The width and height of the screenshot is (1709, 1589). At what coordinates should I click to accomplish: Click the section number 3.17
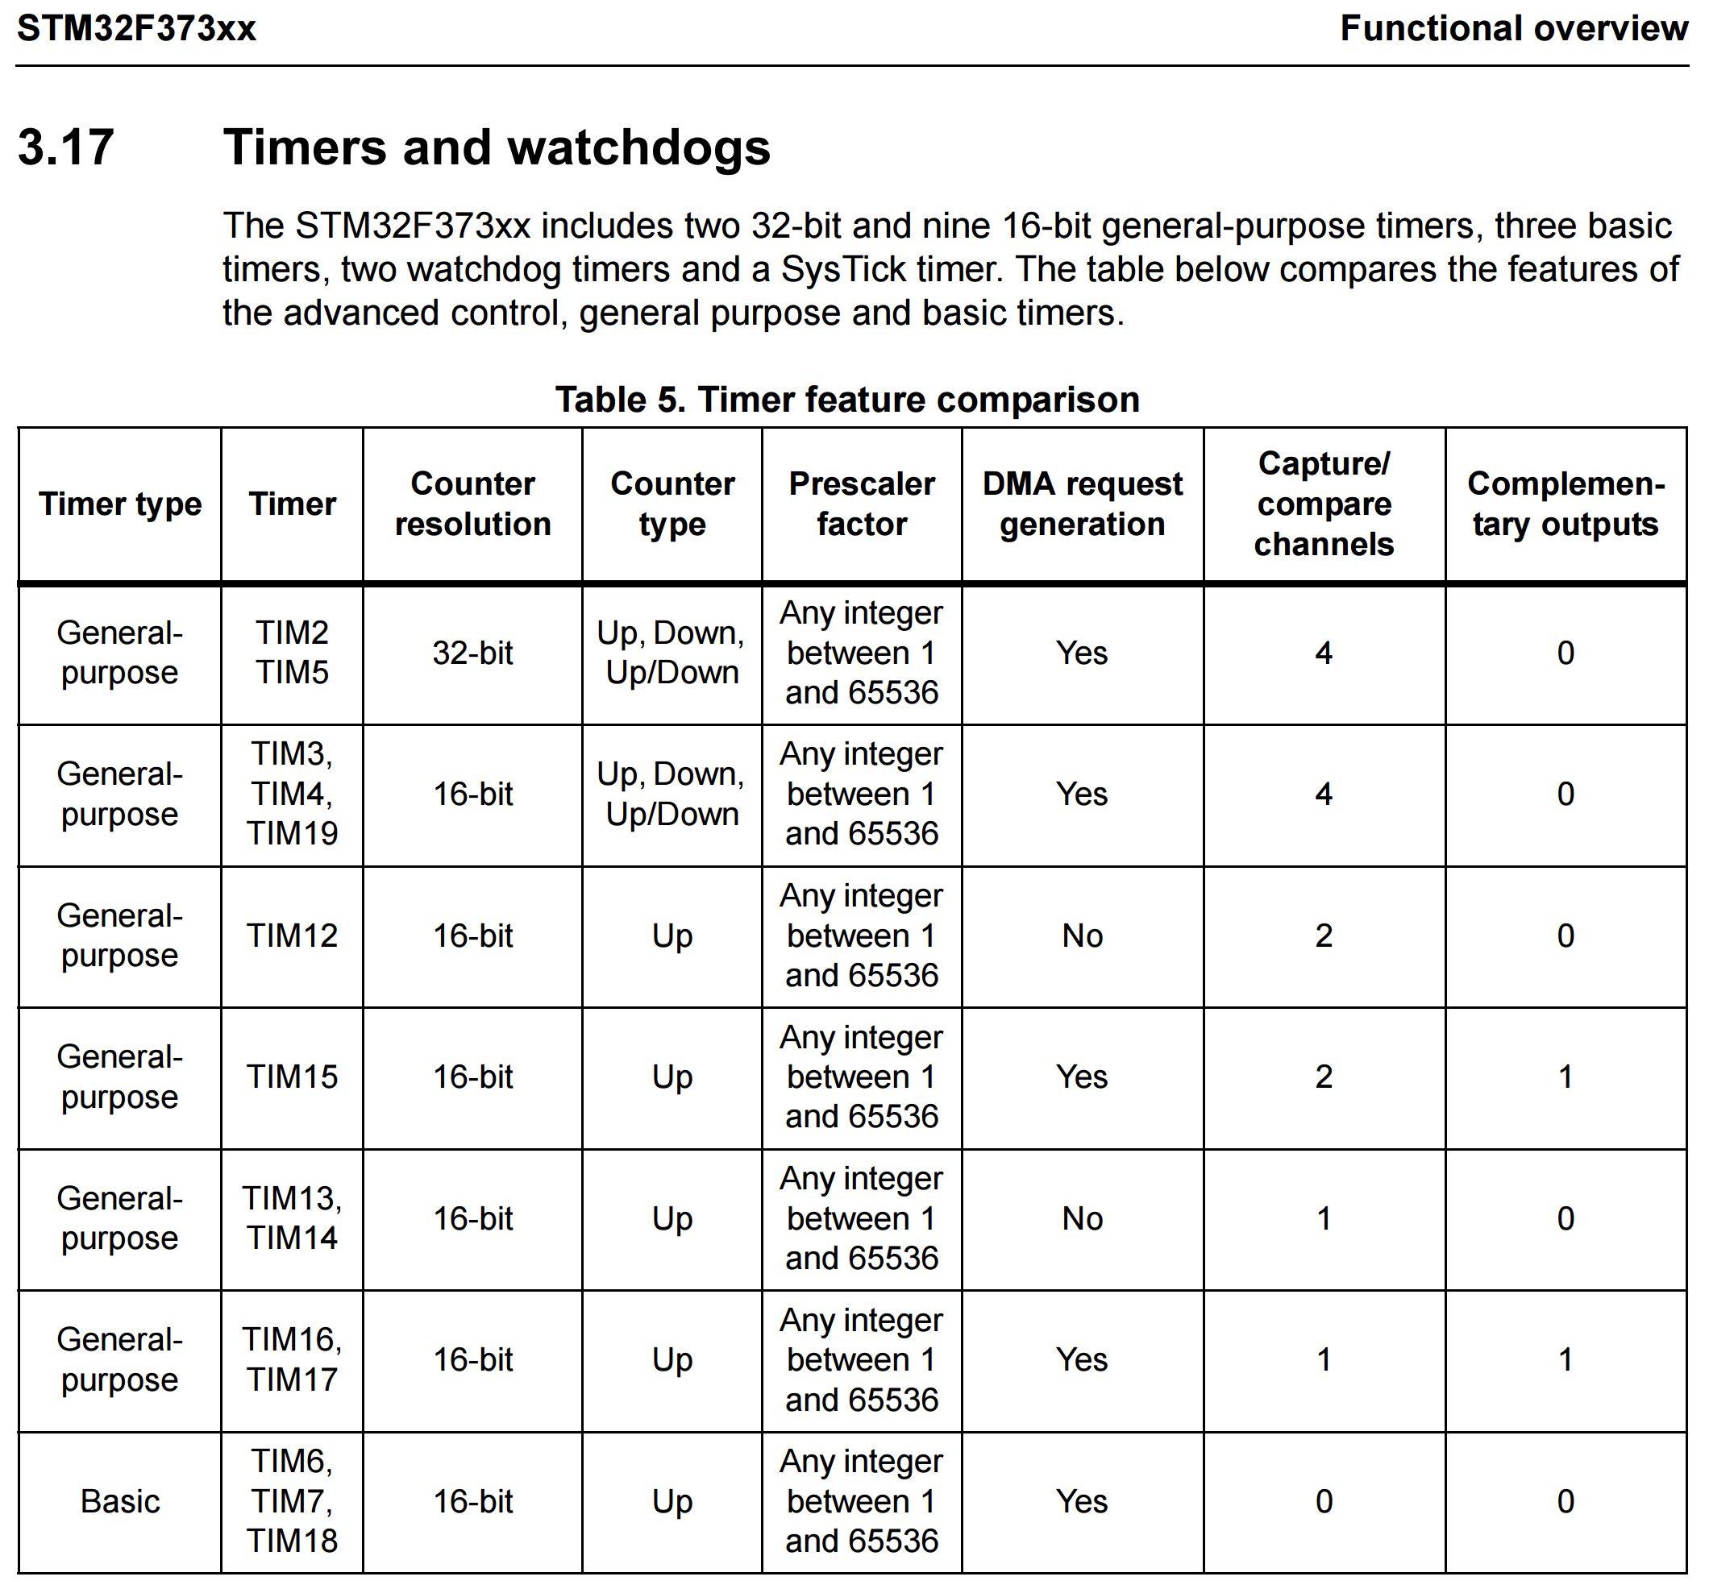point(65,147)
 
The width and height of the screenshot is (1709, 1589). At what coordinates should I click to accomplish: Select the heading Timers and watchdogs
point(496,147)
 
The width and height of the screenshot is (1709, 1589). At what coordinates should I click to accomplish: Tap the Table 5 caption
point(846,400)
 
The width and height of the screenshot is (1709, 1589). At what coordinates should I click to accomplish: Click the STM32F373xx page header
point(137,28)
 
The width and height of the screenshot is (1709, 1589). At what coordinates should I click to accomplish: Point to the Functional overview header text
point(1513,28)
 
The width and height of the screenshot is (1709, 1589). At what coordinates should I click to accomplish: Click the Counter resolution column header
point(473,504)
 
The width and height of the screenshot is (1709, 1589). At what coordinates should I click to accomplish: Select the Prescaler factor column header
point(862,504)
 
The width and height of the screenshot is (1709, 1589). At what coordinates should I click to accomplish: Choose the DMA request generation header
point(1083,504)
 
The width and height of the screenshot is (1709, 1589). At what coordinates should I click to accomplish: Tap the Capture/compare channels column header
point(1324,504)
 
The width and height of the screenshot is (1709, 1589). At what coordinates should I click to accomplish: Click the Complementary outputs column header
point(1566,504)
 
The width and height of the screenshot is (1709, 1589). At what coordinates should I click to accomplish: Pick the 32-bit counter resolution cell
point(473,653)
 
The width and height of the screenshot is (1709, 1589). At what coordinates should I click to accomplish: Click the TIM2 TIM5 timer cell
point(293,653)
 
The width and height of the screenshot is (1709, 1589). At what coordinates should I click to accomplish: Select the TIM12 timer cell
point(293,936)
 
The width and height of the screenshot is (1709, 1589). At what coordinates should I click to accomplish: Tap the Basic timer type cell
point(120,1501)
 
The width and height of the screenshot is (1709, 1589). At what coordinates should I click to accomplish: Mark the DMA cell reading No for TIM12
point(1083,936)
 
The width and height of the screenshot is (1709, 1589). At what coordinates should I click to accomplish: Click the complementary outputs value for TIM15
point(1566,1077)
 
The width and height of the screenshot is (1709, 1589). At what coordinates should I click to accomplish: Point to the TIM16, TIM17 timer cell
point(293,1359)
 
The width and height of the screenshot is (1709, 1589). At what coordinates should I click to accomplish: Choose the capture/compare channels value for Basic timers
point(1324,1501)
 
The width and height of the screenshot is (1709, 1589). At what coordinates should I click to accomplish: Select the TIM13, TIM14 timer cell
point(293,1218)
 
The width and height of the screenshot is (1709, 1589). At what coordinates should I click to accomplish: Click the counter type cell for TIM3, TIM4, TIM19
point(672,794)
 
